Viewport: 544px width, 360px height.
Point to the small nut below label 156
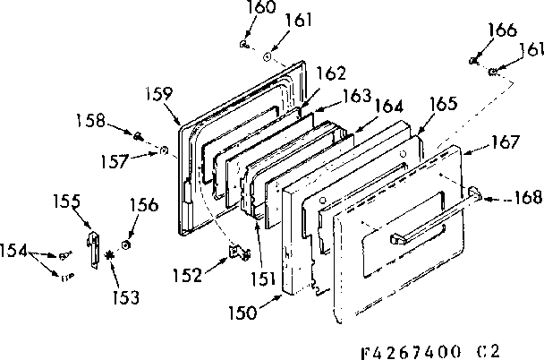pyautogui.click(x=127, y=244)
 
